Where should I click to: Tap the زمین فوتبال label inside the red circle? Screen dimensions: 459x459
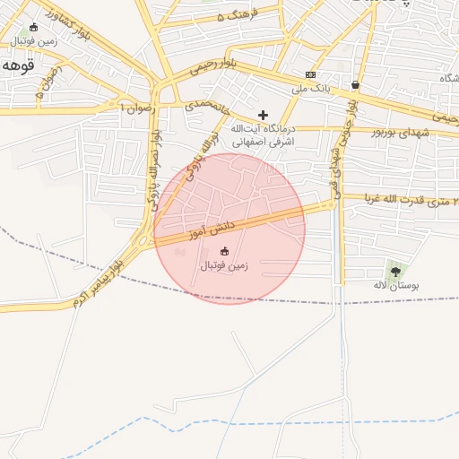[x=223, y=266]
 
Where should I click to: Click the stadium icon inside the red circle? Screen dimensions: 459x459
[x=224, y=252]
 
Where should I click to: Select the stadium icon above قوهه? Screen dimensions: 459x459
[x=34, y=28]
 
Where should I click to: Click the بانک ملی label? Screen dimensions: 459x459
[x=311, y=89]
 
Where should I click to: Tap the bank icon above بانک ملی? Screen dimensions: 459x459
[x=310, y=74]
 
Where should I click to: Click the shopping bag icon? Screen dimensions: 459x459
[x=356, y=85]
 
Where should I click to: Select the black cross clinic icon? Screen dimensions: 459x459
[x=263, y=115]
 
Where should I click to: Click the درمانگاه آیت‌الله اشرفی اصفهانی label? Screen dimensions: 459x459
[x=238, y=135]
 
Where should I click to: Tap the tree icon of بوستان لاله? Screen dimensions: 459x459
[x=395, y=270]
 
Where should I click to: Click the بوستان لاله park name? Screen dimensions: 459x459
[x=396, y=285]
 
